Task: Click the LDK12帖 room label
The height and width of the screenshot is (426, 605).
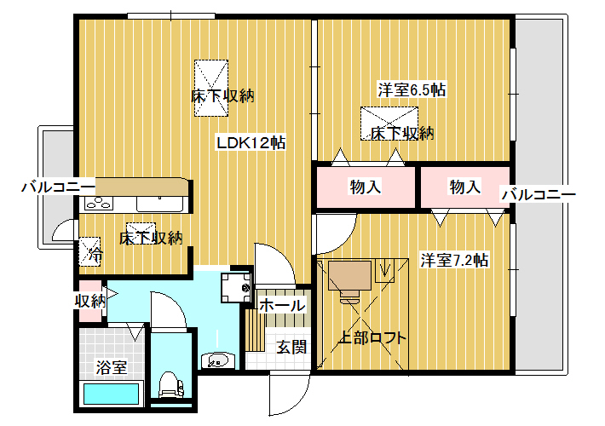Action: coord(251,143)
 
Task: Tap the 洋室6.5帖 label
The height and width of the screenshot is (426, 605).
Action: coord(412,90)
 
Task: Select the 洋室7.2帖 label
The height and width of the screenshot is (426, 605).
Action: coord(454,261)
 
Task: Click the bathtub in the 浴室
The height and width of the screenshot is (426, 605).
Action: coord(111,394)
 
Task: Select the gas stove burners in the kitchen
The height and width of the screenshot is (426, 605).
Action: coord(98,203)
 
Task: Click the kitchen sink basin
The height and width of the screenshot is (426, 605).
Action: coord(159,204)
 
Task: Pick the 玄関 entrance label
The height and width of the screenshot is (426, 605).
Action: coord(291,348)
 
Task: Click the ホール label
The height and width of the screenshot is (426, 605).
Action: coord(282,306)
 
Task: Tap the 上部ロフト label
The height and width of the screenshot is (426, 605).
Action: coord(372,338)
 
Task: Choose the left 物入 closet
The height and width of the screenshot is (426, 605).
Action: coord(366,187)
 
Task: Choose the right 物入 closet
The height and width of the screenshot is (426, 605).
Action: coord(465,187)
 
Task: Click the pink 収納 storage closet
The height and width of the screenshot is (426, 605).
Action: coord(90,301)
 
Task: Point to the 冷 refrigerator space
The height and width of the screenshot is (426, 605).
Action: coord(90,251)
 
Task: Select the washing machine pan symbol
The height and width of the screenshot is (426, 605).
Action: coord(236,287)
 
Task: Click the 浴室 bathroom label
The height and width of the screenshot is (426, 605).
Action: coord(111,367)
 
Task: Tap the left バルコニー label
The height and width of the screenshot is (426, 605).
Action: coord(58,187)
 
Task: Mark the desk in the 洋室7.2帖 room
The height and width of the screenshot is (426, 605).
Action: coord(349,276)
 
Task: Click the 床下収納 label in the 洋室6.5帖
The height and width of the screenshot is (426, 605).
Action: coord(402,134)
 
